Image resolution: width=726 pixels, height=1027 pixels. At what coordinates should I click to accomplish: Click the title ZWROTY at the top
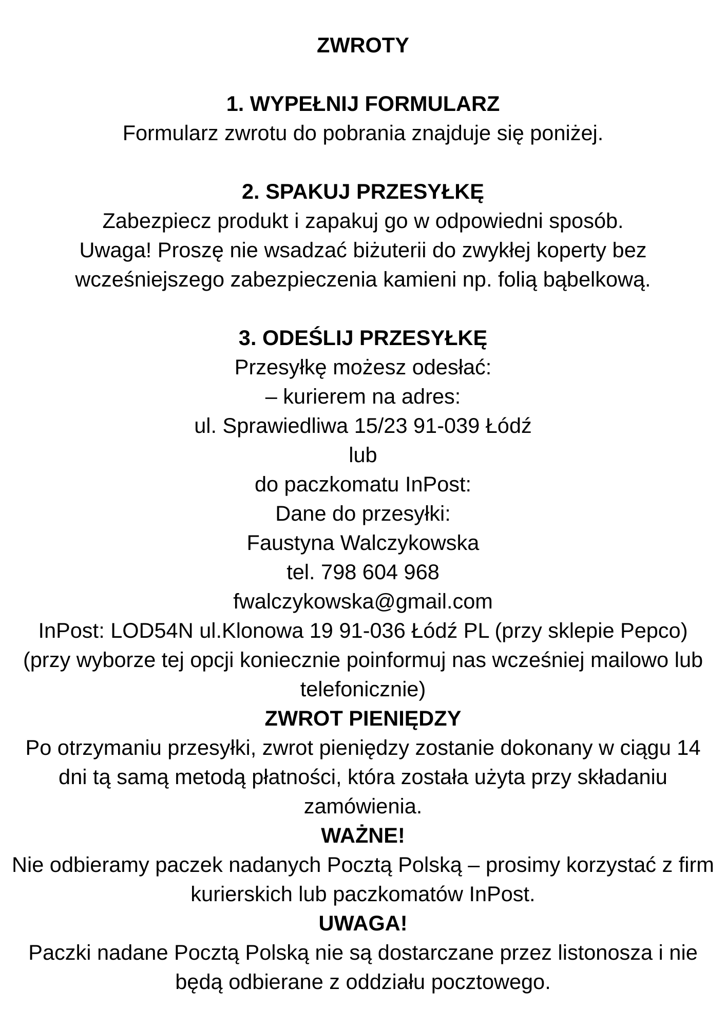tap(362, 45)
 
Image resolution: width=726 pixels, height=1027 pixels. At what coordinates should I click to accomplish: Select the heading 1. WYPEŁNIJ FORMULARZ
tap(362, 104)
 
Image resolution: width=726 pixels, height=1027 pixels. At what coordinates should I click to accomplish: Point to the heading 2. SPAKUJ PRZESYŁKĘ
tap(362, 192)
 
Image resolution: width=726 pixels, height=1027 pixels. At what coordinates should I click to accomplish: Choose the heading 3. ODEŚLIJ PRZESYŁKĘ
tap(362, 338)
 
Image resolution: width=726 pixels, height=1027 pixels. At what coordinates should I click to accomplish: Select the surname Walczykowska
tap(409, 543)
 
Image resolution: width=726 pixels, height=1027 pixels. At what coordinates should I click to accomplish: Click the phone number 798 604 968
tap(379, 572)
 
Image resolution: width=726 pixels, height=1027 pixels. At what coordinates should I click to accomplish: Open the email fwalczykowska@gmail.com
tap(362, 601)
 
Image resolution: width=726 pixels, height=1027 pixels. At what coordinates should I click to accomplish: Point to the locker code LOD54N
tap(152, 631)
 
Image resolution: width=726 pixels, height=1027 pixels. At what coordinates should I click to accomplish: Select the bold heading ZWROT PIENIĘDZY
tap(362, 718)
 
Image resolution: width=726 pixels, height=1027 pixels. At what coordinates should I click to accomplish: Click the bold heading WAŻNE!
tap(362, 835)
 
